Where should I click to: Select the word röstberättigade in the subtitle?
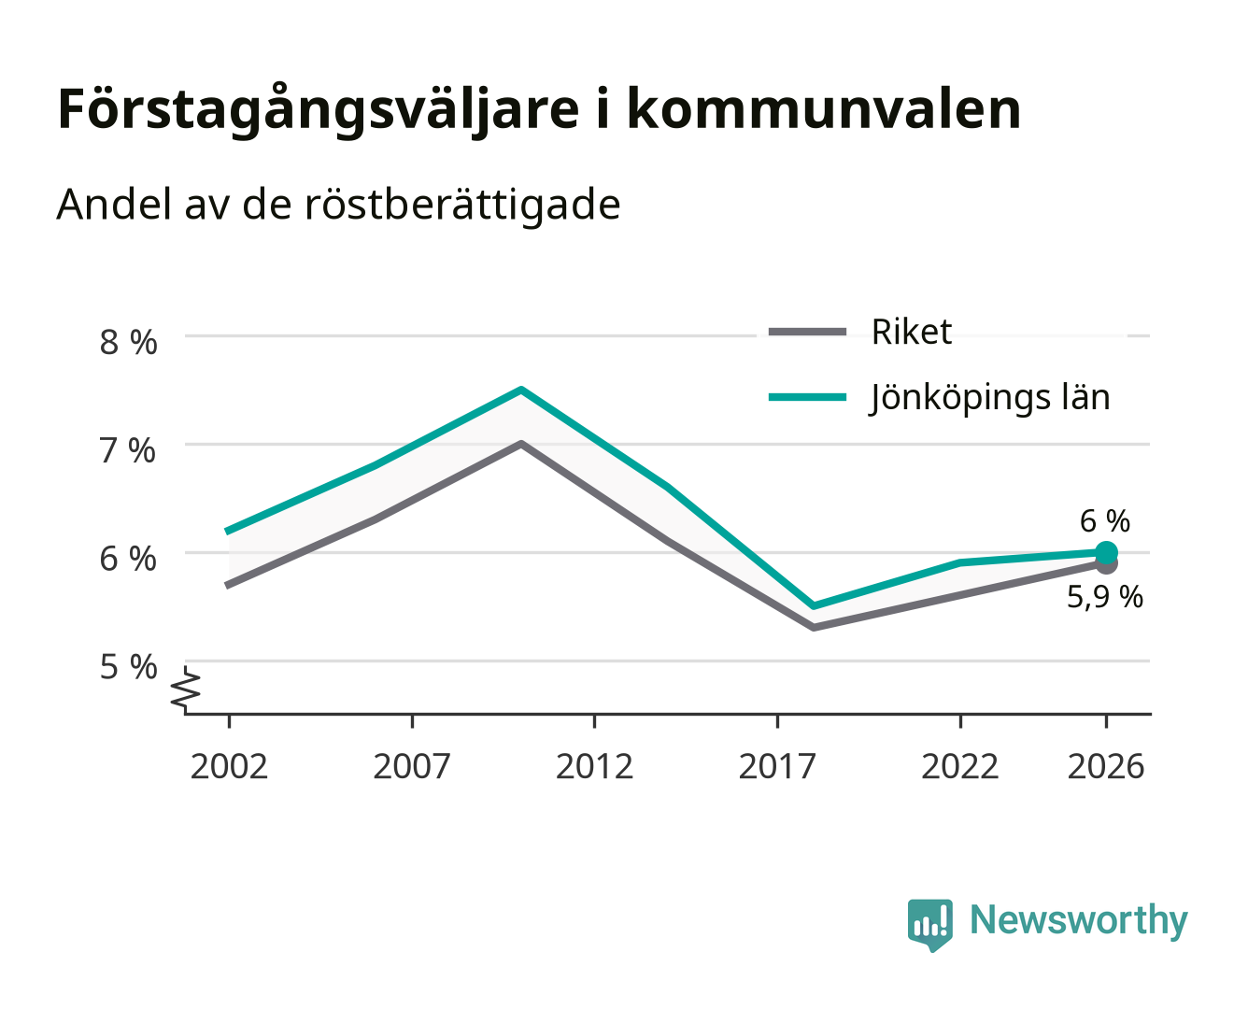pos(462,206)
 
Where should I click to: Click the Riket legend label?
pos(911,332)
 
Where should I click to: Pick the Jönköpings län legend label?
pos(989,398)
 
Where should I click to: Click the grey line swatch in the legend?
pos(807,332)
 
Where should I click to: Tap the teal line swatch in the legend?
pos(807,397)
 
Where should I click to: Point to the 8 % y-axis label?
pos(128,342)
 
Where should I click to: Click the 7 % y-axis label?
pos(128,450)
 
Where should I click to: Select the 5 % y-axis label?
pos(128,667)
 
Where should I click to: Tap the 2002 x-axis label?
pos(229,766)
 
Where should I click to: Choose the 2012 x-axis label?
pos(594,766)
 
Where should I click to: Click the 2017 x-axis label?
pos(777,766)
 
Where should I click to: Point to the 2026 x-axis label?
pos(1106,766)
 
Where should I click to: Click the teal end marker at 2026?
pos(1106,552)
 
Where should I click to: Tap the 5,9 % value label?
pos(1105,597)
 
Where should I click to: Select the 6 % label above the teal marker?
pos(1105,521)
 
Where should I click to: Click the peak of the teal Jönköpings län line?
pos(521,390)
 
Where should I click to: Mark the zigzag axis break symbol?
pos(185,689)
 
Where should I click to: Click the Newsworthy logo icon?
pos(929,925)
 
